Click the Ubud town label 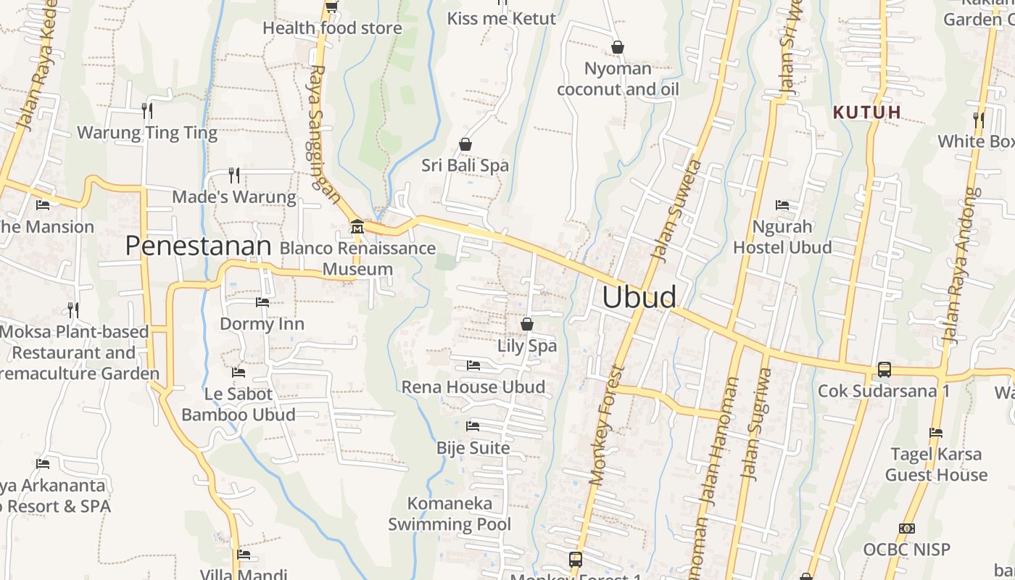pyautogui.click(x=639, y=297)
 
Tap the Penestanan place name pyautogui.click(x=198, y=246)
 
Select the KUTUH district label pyautogui.click(x=866, y=112)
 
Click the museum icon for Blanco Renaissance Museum pyautogui.click(x=357, y=227)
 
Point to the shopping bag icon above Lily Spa pyautogui.click(x=527, y=324)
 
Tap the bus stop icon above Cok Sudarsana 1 pyautogui.click(x=884, y=369)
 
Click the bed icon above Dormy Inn pyautogui.click(x=262, y=302)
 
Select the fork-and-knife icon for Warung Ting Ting pyautogui.click(x=147, y=110)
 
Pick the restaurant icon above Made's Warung pyautogui.click(x=234, y=175)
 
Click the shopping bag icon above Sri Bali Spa pyautogui.click(x=465, y=144)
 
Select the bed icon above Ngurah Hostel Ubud pyautogui.click(x=782, y=205)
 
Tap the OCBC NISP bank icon pyautogui.click(x=906, y=528)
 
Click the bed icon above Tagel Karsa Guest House pyautogui.click(x=936, y=433)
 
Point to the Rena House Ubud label pyautogui.click(x=473, y=387)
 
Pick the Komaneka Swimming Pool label pyautogui.click(x=449, y=513)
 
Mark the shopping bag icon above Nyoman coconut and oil pyautogui.click(x=618, y=47)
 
